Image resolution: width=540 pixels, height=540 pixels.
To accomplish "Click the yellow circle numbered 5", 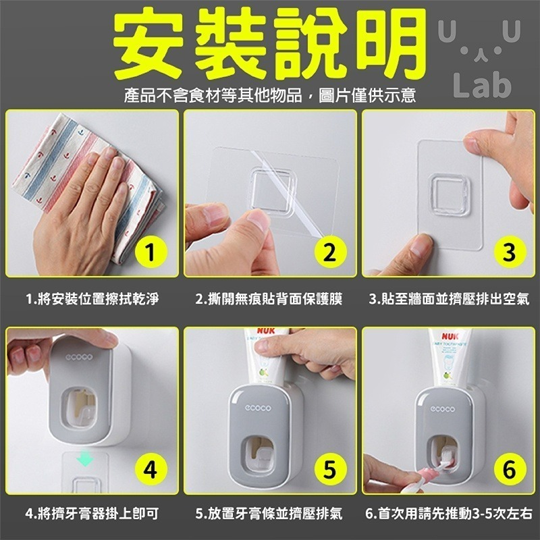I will click(x=329, y=469).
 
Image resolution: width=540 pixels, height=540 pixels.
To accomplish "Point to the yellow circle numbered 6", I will click(x=508, y=469).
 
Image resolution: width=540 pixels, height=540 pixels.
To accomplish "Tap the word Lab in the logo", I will click(x=483, y=86).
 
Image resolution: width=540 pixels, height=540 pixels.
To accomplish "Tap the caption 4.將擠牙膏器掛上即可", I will click(x=92, y=514).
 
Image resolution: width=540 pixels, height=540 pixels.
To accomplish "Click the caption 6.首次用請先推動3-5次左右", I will click(x=450, y=514).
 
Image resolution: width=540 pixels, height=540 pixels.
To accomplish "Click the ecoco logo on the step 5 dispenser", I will click(x=259, y=407).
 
